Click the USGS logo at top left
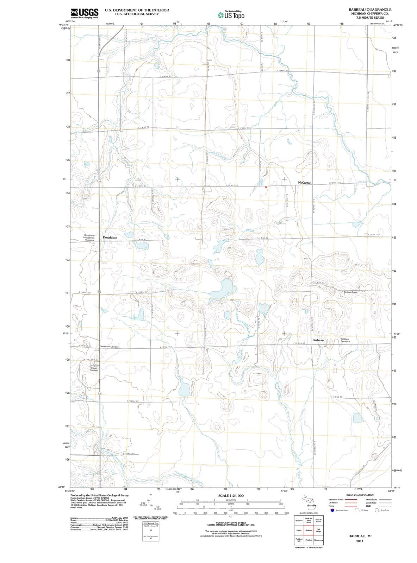[85, 13]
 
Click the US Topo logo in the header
[231, 15]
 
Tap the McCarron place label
[305, 183]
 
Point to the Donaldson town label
[110, 238]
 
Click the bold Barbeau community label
[318, 340]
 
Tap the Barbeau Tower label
[350, 292]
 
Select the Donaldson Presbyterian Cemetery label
[89, 238]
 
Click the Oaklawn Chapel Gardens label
[93, 368]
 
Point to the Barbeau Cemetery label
[345, 340]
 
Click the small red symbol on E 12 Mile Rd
[266, 187]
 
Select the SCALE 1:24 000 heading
[231, 495]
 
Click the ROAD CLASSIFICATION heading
[360, 495]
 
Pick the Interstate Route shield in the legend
[332, 510]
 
